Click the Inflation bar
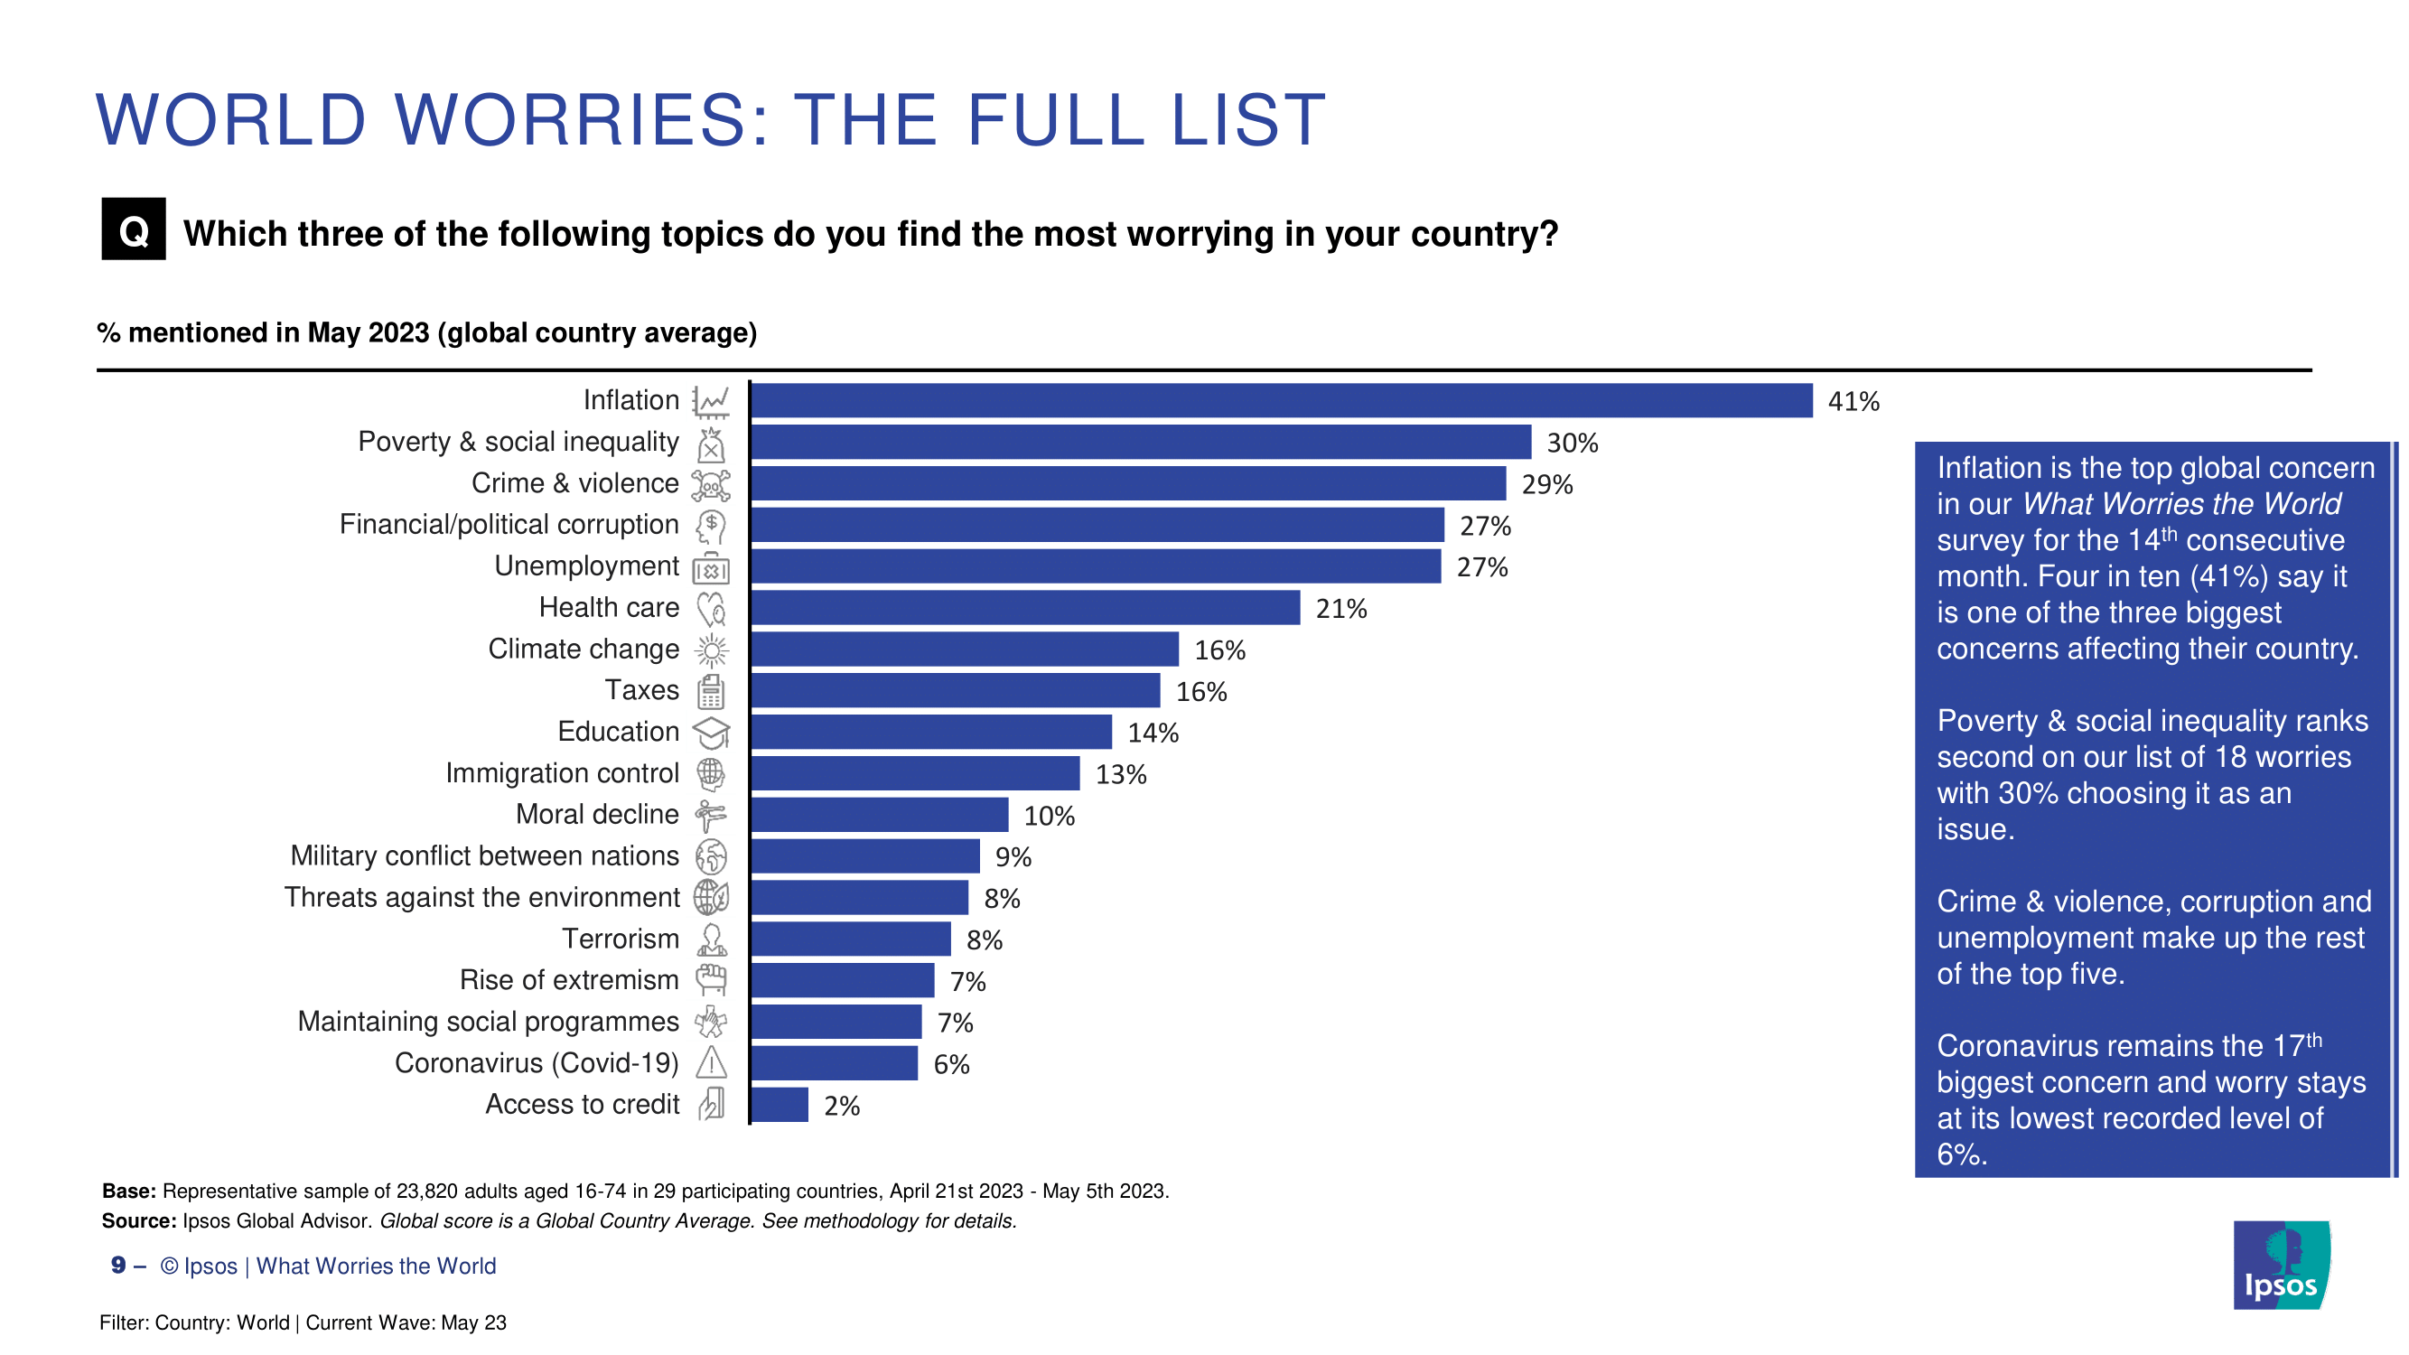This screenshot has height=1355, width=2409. pyautogui.click(x=1281, y=400)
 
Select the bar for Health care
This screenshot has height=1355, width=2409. pyautogui.click(x=1025, y=608)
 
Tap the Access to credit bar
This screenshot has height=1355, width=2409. pyautogui.click(x=779, y=1105)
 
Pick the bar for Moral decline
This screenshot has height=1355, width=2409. pyautogui.click(x=879, y=815)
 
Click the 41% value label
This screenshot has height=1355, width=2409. pyautogui.click(x=1853, y=402)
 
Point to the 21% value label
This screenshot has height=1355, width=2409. pyautogui.click(x=1341, y=610)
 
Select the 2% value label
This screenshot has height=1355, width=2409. pyautogui.click(x=842, y=1107)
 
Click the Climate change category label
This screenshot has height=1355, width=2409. pyautogui.click(x=584, y=649)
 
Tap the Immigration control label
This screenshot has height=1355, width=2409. pyautogui.click(x=562, y=773)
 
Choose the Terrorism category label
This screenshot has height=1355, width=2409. pyautogui.click(x=620, y=939)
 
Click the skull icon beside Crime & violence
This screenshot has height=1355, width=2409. pyautogui.click(x=711, y=484)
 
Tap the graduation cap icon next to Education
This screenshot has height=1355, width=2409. pyautogui.click(x=711, y=733)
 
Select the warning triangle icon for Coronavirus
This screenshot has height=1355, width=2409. pyautogui.click(x=711, y=1063)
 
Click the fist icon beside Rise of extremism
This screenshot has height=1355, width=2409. pyautogui.click(x=711, y=980)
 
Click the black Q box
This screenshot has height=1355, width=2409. pyautogui.click(x=134, y=229)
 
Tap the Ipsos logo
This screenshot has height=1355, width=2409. pyautogui.click(x=2281, y=1265)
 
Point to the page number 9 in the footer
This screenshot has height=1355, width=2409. pyautogui.click(x=118, y=1266)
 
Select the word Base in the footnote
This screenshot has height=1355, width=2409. pyautogui.click(x=128, y=1191)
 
